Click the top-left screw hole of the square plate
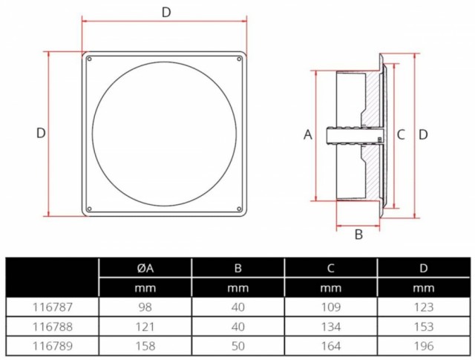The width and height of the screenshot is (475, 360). click(89, 59)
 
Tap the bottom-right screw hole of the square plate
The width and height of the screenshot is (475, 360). click(239, 209)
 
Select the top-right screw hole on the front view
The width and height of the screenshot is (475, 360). click(239, 59)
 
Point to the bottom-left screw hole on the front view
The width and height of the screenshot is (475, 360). click(89, 209)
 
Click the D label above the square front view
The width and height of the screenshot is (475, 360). click(166, 13)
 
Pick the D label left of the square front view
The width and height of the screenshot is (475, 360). click(41, 134)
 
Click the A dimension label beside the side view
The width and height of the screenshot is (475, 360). click(308, 134)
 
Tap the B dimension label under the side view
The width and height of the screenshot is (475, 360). click(358, 235)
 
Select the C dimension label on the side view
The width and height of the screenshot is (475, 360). click(401, 134)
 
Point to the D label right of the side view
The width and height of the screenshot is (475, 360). click(423, 134)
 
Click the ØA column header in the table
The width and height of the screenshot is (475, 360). click(145, 268)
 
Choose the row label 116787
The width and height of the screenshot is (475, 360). click(53, 307)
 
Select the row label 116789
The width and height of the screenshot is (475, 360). click(53, 346)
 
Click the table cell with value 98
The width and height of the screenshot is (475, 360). click(145, 307)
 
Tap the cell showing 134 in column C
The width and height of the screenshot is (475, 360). click(331, 327)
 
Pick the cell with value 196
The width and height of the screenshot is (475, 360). click(424, 346)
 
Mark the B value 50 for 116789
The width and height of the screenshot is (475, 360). click(237, 346)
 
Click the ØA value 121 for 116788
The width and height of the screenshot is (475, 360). click(145, 327)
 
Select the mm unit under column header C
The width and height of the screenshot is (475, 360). click(331, 288)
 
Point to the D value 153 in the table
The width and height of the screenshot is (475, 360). click(424, 327)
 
